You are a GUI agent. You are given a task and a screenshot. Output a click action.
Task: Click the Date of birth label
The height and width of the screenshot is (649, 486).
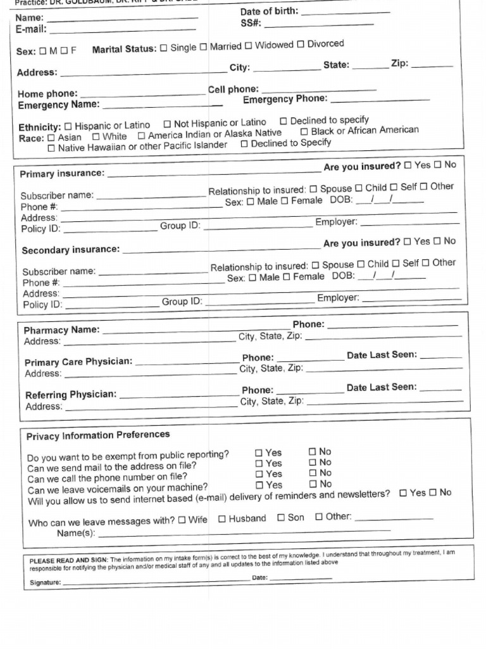click(x=269, y=12)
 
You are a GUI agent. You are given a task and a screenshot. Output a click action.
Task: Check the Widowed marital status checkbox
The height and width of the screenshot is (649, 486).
click(x=249, y=46)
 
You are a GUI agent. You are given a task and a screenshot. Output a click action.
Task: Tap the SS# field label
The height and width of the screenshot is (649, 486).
click(x=251, y=24)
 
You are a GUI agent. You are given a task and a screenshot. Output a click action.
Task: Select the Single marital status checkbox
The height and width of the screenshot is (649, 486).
click(x=164, y=48)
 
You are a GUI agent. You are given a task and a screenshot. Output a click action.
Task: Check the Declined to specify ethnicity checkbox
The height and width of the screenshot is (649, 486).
click(x=283, y=120)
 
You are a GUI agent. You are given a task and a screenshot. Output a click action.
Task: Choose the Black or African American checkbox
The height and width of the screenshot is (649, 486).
click(x=304, y=131)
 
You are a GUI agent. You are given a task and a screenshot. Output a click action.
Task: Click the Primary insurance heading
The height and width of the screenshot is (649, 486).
click(x=62, y=174)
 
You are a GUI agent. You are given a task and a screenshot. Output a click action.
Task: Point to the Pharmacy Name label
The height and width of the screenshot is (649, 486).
click(x=61, y=330)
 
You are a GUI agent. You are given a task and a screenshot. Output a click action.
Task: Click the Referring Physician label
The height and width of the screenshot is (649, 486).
click(x=71, y=395)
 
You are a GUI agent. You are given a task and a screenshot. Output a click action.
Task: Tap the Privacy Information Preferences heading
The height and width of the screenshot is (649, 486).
click(x=98, y=435)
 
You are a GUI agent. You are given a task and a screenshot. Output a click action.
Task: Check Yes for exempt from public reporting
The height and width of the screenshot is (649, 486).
click(x=258, y=453)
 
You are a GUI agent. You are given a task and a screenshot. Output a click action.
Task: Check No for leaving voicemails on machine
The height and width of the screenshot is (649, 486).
click(x=312, y=484)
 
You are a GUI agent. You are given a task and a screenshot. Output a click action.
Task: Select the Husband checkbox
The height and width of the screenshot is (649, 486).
click(x=222, y=519)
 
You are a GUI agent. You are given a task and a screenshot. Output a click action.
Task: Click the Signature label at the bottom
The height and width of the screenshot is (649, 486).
click(x=45, y=582)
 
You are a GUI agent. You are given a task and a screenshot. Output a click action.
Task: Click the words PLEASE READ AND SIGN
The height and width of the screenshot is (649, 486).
click(x=69, y=561)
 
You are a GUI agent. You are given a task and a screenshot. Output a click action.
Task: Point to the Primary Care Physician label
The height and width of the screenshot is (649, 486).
click(x=78, y=362)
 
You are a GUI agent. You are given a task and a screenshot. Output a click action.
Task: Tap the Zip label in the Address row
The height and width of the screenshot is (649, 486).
click(x=399, y=63)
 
